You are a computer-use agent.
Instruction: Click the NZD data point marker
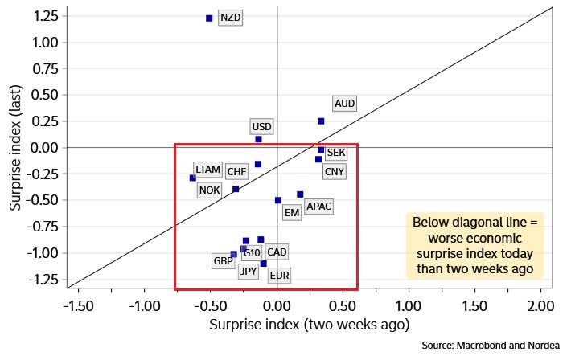[x=209, y=18]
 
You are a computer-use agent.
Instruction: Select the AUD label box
[x=344, y=104]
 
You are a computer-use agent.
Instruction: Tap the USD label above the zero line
[x=261, y=127]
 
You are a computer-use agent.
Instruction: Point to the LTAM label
[x=207, y=170]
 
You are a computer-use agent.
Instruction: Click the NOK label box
[x=209, y=190]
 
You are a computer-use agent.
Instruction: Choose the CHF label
[x=236, y=171]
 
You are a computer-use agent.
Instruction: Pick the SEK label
[x=336, y=153]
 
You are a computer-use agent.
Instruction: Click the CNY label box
[x=334, y=171]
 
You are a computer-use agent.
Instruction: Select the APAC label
[x=319, y=207]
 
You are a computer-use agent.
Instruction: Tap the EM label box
[x=291, y=213]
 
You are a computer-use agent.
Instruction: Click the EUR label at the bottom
[x=279, y=276]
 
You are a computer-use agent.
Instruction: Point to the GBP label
[x=223, y=261]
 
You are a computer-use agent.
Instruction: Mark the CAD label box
[x=277, y=252]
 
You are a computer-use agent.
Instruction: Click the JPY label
[x=249, y=272]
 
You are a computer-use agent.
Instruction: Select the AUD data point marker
[x=321, y=121]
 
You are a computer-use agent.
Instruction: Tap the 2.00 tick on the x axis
[x=540, y=306]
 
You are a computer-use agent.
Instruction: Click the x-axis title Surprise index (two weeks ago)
[x=310, y=325]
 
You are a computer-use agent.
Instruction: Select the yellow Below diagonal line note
[x=474, y=246]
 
